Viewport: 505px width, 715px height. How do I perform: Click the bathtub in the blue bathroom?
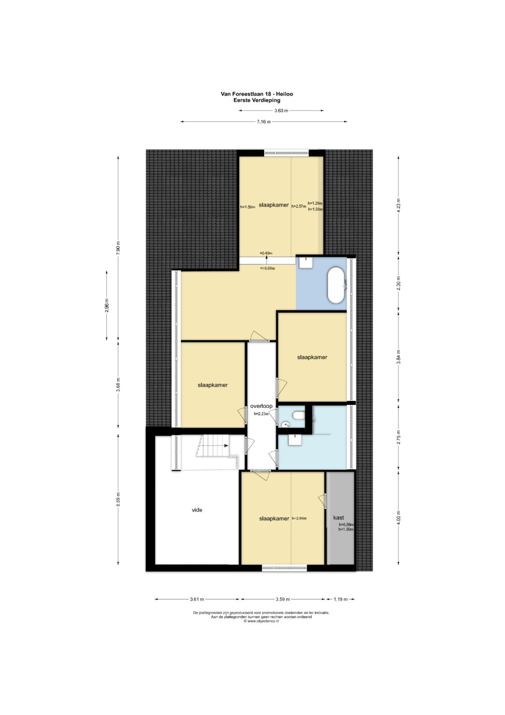[336, 285]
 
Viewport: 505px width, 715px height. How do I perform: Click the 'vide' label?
[197, 510]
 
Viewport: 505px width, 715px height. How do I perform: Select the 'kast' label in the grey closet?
[338, 517]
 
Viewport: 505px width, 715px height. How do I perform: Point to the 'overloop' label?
[261, 406]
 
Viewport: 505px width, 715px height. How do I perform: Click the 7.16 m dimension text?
[264, 122]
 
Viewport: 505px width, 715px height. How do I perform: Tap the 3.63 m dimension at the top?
[281, 111]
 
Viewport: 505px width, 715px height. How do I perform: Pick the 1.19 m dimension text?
[340, 599]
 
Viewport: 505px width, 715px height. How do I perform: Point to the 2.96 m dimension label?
[107, 305]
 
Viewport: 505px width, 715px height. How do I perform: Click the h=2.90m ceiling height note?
[299, 518]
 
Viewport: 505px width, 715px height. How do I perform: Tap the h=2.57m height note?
[298, 206]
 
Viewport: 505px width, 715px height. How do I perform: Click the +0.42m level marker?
[266, 253]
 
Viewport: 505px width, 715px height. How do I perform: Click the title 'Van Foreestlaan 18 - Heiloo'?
[257, 94]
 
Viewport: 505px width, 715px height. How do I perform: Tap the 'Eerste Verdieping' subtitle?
[257, 100]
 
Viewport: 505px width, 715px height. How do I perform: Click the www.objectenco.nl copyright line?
[261, 621]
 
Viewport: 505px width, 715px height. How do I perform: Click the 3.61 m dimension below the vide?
[197, 599]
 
